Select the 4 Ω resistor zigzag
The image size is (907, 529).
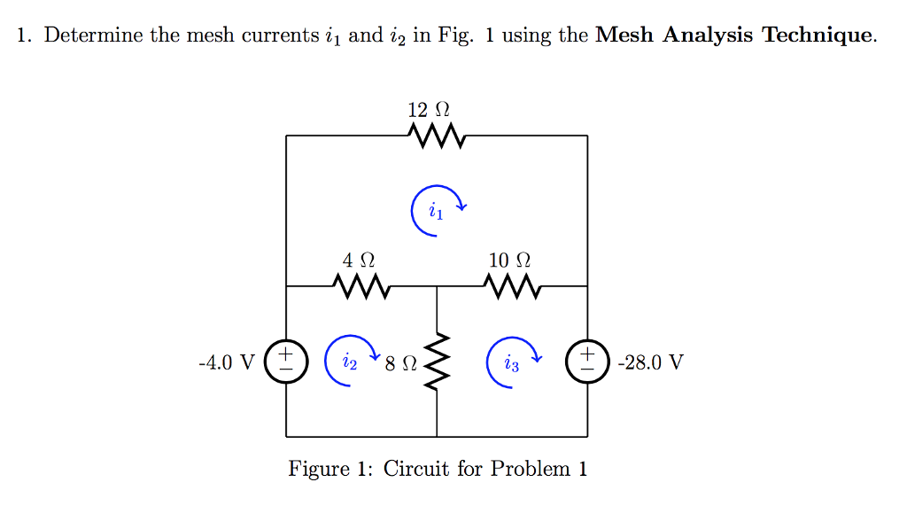click(360, 286)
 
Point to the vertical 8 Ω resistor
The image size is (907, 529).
click(438, 362)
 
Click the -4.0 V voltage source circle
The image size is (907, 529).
click(286, 362)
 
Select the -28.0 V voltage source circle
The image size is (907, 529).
click(587, 362)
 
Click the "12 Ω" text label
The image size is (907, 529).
click(429, 110)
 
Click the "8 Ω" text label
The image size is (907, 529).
click(401, 362)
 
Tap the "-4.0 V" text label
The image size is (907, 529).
click(227, 362)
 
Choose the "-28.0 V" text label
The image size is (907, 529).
click(652, 362)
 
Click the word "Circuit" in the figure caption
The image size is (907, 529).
click(417, 469)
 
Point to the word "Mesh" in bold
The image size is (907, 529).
click(625, 36)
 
